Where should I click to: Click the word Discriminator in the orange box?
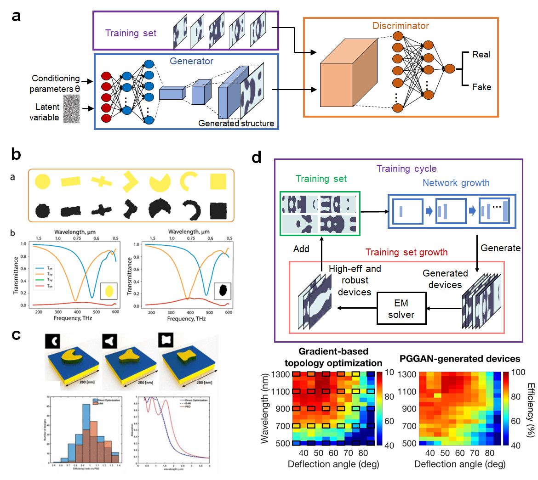click(401, 26)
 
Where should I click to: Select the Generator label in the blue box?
click(192, 61)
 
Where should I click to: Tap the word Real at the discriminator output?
click(481, 55)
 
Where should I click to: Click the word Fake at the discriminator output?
click(481, 87)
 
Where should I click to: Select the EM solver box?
click(401, 309)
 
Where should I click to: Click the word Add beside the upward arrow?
click(301, 249)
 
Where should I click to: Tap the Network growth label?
click(456, 183)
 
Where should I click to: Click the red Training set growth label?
click(406, 252)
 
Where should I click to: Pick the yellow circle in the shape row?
click(42, 182)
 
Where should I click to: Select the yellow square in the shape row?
click(218, 181)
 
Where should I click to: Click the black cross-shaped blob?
click(102, 210)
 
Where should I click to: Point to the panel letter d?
click(257, 158)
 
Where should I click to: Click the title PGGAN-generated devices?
click(460, 359)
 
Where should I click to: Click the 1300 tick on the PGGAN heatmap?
click(407, 374)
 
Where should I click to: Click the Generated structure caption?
click(236, 124)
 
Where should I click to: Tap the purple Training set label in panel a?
click(131, 33)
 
